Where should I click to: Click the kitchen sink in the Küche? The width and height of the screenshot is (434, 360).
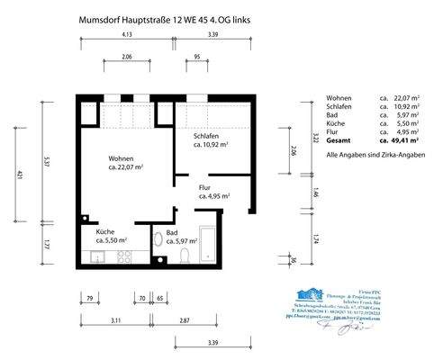click(96, 256)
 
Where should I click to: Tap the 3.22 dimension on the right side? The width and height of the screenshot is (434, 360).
click(315, 139)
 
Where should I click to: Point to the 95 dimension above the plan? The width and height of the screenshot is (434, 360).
click(196, 56)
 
